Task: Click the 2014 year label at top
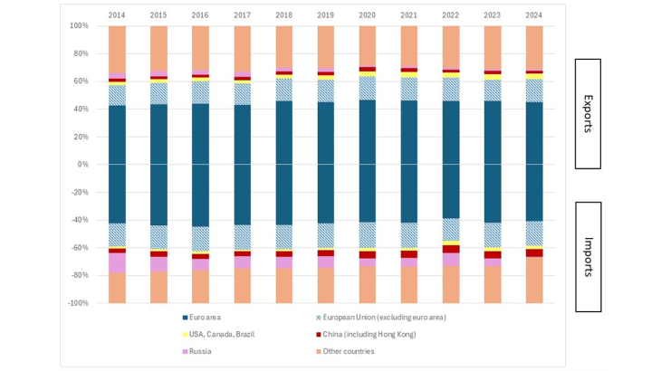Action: point(117,14)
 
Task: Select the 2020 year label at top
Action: point(368,14)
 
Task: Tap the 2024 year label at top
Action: point(535,14)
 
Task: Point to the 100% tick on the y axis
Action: point(79,26)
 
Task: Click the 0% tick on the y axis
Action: point(82,165)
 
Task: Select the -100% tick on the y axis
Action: point(77,303)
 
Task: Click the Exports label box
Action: point(588,114)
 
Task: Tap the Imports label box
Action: point(588,244)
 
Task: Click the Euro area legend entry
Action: point(206,317)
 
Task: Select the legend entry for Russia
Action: point(199,350)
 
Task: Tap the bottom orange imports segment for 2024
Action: point(535,280)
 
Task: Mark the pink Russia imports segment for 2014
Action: point(117,262)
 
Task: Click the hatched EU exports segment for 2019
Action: point(326,90)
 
